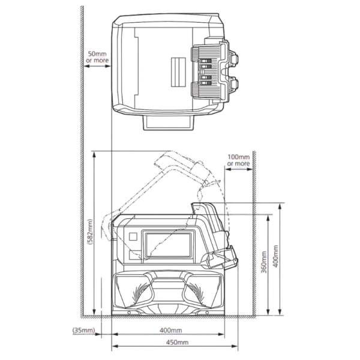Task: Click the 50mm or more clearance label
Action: coord(97,57)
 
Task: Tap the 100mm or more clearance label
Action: coord(239,160)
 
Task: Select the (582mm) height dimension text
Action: coord(90,232)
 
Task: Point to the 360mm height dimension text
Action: coord(264,262)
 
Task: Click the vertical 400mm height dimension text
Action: coord(276,256)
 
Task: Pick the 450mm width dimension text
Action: coord(177,343)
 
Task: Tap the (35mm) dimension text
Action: coord(83,331)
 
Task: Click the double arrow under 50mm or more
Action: coord(97,66)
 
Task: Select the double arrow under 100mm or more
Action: coord(239,169)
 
